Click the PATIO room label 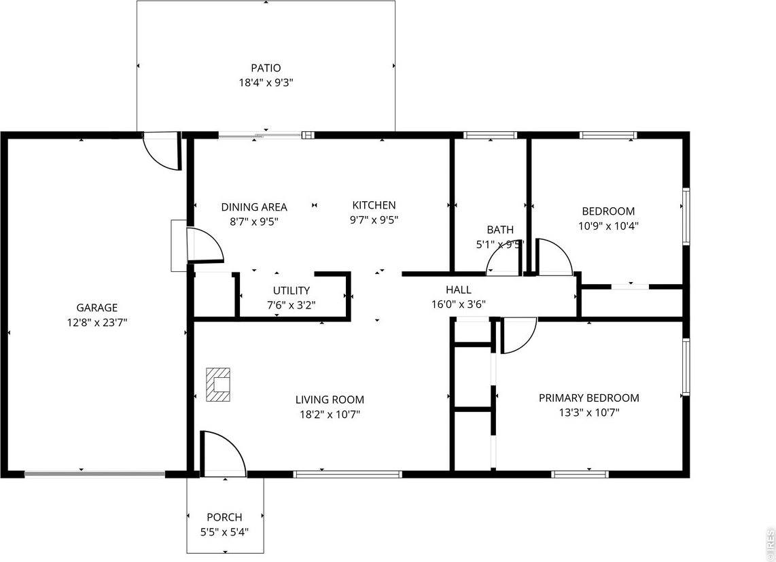point(266,68)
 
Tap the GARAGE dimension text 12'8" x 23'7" point(96,322)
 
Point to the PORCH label point(224,517)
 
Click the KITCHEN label point(374,205)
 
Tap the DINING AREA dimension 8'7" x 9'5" point(254,222)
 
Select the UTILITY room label point(292,291)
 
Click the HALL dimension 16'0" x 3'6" point(459,304)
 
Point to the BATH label point(500,230)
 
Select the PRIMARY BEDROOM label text point(589,398)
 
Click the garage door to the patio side point(162,152)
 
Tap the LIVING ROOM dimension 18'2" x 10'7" point(330,414)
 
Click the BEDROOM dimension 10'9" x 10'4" point(609,226)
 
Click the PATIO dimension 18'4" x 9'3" point(266,83)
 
